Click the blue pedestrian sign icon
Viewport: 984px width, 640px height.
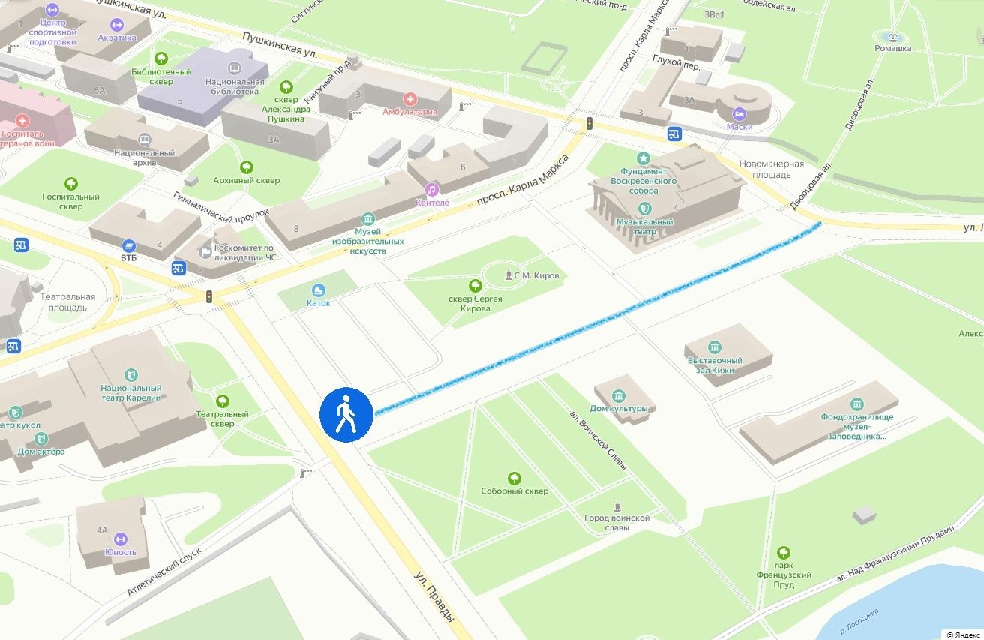[x=346, y=415]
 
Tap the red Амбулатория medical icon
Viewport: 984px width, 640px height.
[x=409, y=98]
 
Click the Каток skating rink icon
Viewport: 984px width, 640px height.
[x=319, y=290]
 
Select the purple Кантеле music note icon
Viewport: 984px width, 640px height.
[x=431, y=189]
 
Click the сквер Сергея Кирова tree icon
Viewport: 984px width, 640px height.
[x=475, y=285]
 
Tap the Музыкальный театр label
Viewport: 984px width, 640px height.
[x=643, y=227]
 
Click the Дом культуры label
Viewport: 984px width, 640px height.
[x=618, y=408]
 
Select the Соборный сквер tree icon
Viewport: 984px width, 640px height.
[x=514, y=478]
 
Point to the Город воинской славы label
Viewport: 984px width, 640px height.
[x=616, y=522]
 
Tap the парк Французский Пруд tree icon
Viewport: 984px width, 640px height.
[x=784, y=553]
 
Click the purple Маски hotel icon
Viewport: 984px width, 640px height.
[x=739, y=113]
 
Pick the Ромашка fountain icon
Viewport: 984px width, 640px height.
[x=892, y=36]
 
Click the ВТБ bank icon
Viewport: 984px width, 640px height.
[x=129, y=245]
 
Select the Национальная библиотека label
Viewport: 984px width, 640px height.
[x=235, y=86]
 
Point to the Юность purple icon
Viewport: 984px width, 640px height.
[x=120, y=539]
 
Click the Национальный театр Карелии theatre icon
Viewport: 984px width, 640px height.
[x=131, y=374]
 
